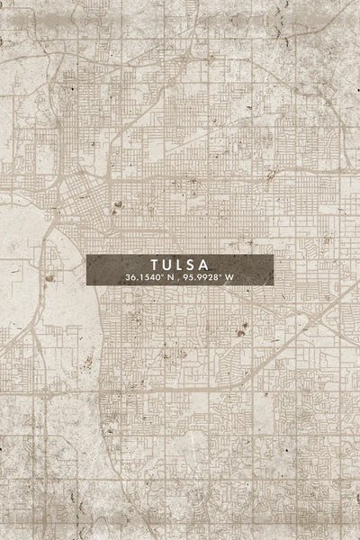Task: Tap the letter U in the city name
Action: coord(166,265)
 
